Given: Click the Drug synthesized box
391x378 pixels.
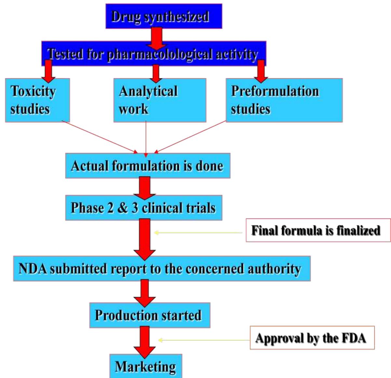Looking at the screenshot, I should [164, 16].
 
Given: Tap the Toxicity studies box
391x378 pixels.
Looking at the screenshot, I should [37, 100].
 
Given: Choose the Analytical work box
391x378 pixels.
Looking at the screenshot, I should [159, 100].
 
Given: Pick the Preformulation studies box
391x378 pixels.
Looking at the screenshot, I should [284, 100].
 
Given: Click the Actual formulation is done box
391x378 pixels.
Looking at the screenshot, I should [148, 166].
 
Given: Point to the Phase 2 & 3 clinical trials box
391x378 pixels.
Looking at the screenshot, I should [143, 208].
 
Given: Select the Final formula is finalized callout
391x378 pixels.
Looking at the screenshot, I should [317, 230].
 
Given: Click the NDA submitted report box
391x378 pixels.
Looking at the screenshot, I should [161, 268].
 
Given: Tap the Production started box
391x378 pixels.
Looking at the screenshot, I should [150, 315].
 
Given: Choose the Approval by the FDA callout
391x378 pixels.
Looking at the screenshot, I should [312, 338].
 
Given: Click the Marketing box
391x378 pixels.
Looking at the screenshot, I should [145, 366].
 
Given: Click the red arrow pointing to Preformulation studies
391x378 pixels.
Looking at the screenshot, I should [261, 72].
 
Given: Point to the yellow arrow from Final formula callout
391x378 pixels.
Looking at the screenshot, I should [198, 233].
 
